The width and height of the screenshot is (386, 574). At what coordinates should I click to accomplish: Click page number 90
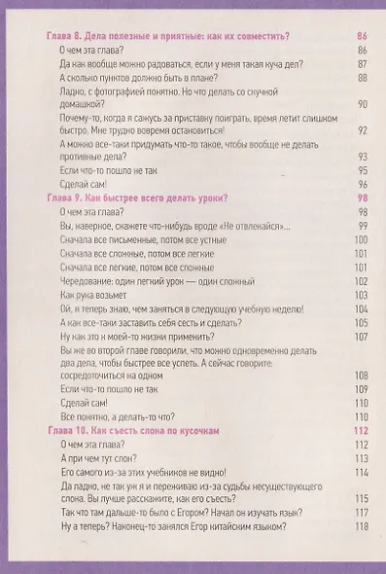362,104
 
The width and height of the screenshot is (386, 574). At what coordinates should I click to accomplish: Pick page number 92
362,130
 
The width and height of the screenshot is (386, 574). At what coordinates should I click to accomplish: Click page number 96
362,184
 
